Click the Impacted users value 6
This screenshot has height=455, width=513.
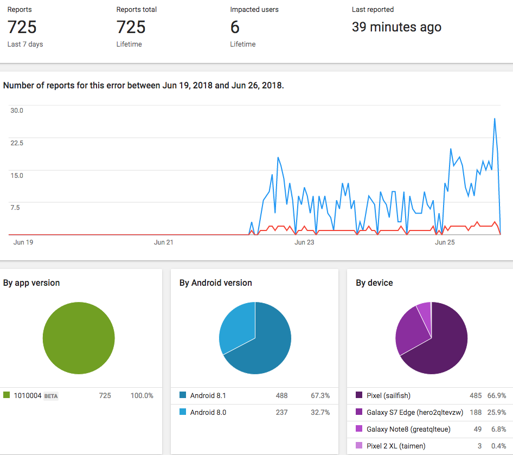pyautogui.click(x=235, y=27)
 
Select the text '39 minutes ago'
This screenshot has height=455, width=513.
pyautogui.click(x=396, y=27)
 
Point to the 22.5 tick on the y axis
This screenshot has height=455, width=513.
pyautogui.click(x=17, y=143)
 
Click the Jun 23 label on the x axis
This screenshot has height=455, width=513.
pyautogui.click(x=304, y=242)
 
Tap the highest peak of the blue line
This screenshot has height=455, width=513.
pyautogui.click(x=495, y=119)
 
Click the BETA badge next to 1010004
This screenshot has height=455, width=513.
pyautogui.click(x=51, y=396)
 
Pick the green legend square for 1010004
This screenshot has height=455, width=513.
pyautogui.click(x=7, y=395)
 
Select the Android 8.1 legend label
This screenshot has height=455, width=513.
pyautogui.click(x=208, y=395)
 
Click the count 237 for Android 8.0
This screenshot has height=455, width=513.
pyautogui.click(x=281, y=412)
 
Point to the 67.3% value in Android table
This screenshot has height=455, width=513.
pyautogui.click(x=320, y=395)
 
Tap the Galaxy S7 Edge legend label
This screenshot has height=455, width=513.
pyautogui.click(x=415, y=413)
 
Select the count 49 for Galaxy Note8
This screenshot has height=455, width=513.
pyautogui.click(x=478, y=429)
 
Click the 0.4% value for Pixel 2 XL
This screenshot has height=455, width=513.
pyautogui.click(x=498, y=446)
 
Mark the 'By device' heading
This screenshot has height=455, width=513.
pyautogui.click(x=374, y=283)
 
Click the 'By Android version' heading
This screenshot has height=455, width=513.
pyautogui.click(x=216, y=283)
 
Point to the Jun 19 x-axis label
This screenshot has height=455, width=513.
pyautogui.click(x=23, y=242)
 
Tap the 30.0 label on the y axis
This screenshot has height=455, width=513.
pyautogui.click(x=17, y=111)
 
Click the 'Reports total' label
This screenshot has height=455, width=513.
pyautogui.click(x=137, y=9)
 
